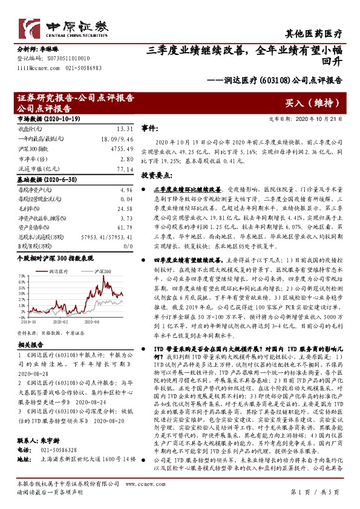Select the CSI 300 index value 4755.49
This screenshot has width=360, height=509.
[x=118, y=148]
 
